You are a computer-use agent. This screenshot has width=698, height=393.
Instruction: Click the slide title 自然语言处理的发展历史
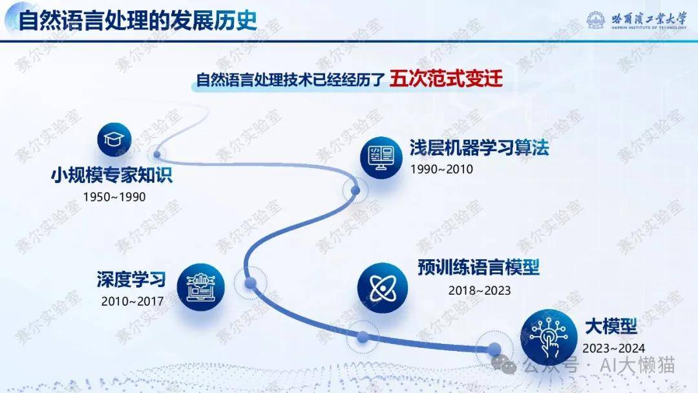click(x=138, y=21)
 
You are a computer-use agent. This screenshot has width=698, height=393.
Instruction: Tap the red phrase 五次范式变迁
click(x=446, y=78)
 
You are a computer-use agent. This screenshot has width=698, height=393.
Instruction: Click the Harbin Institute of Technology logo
click(x=637, y=20)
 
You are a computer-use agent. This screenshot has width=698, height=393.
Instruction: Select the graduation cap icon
click(x=114, y=140)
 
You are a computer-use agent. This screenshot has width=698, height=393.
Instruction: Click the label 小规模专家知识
click(x=112, y=175)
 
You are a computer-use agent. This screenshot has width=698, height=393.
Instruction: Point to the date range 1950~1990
click(x=114, y=197)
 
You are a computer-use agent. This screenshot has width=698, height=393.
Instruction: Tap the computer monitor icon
click(x=381, y=158)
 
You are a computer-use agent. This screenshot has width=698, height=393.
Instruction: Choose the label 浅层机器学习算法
click(x=479, y=148)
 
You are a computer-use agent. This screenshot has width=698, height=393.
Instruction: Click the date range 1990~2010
click(x=441, y=169)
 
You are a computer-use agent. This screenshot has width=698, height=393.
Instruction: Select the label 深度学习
click(x=131, y=279)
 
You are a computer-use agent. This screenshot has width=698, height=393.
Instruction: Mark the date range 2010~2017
click(x=132, y=301)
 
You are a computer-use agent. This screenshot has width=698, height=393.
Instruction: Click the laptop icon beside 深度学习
click(x=201, y=288)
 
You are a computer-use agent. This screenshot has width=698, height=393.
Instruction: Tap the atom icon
click(x=383, y=288)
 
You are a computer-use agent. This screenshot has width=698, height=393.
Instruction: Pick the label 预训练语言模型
click(x=478, y=268)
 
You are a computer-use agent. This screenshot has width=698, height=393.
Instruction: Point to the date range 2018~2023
click(x=480, y=291)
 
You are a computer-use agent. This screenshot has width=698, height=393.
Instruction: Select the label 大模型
click(x=611, y=326)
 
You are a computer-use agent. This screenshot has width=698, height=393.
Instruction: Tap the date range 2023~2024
click(x=613, y=348)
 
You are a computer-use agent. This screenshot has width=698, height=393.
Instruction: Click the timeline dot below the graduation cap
click(x=156, y=154)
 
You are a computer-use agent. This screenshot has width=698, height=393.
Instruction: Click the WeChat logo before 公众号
click(x=504, y=365)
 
